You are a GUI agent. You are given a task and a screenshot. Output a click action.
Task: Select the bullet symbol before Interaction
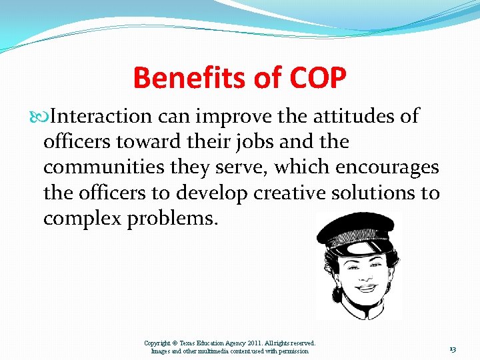[45, 117]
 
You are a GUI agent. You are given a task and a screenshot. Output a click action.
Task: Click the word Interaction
[101, 116]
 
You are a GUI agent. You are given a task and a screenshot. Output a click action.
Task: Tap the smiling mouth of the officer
[366, 288]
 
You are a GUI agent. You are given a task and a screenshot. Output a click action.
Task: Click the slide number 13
[453, 349]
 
